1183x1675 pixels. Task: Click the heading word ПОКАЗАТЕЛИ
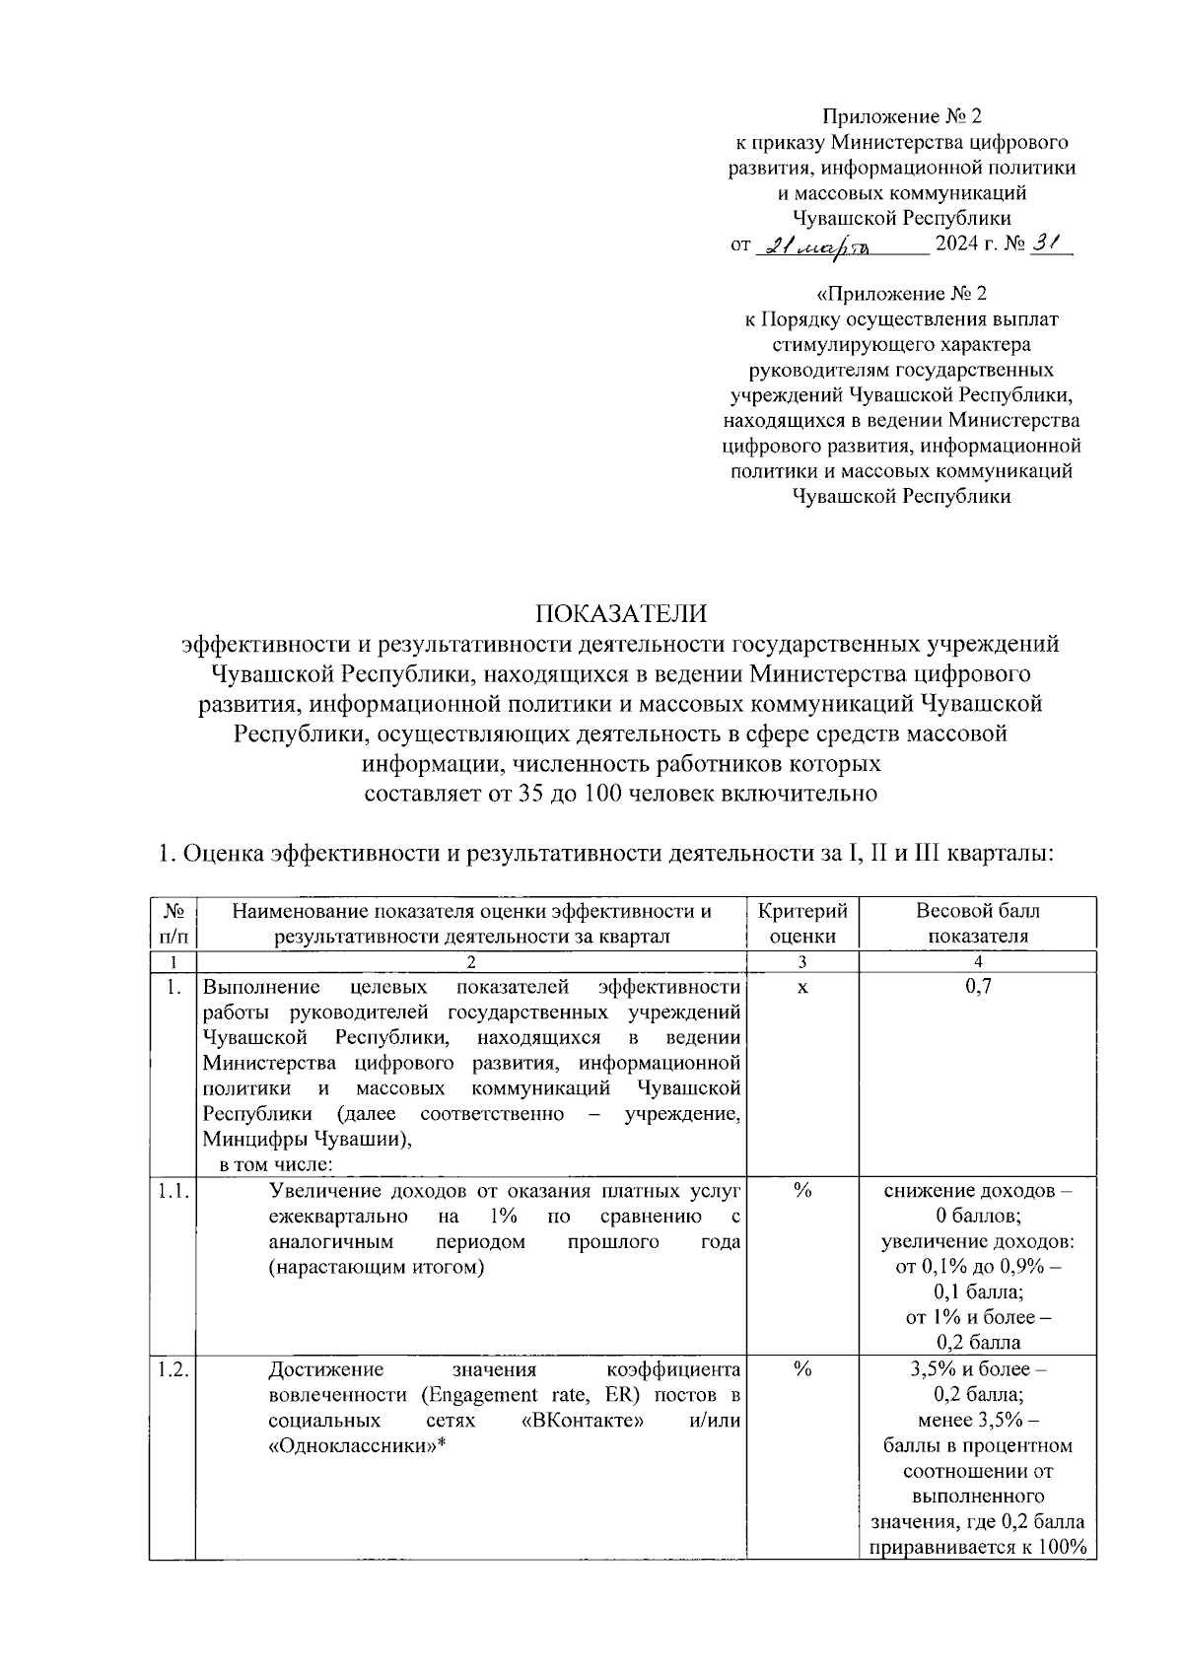click(x=621, y=613)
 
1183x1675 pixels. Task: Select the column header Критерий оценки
click(x=801, y=923)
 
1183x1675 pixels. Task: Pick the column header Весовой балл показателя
click(x=977, y=923)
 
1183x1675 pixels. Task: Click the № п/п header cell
click(x=172, y=923)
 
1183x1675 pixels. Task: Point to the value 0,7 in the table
click(x=977, y=987)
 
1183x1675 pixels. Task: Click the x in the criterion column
click(x=801, y=987)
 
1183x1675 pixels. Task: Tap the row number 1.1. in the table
click(x=173, y=1191)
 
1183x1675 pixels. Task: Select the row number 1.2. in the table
click(x=173, y=1369)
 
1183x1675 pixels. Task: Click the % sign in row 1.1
click(x=801, y=1191)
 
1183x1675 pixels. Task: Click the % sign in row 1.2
click(x=801, y=1369)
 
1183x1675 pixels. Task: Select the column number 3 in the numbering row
click(x=801, y=962)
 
